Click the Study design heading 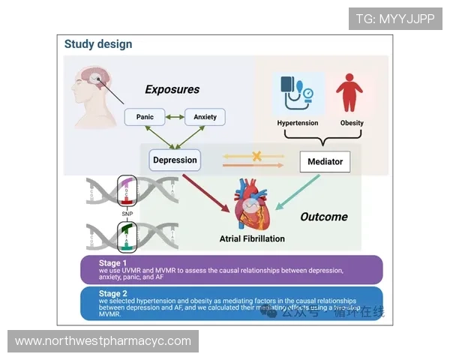point(97,44)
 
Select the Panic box point(145,118)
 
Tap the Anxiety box point(205,118)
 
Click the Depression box point(175,160)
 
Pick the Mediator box point(325,161)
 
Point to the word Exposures point(172,90)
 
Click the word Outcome point(323,217)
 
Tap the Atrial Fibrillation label point(252,239)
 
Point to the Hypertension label point(298,123)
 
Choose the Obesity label point(352,123)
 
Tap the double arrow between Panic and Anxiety point(175,118)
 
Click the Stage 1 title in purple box point(114,262)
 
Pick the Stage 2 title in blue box point(114,293)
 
